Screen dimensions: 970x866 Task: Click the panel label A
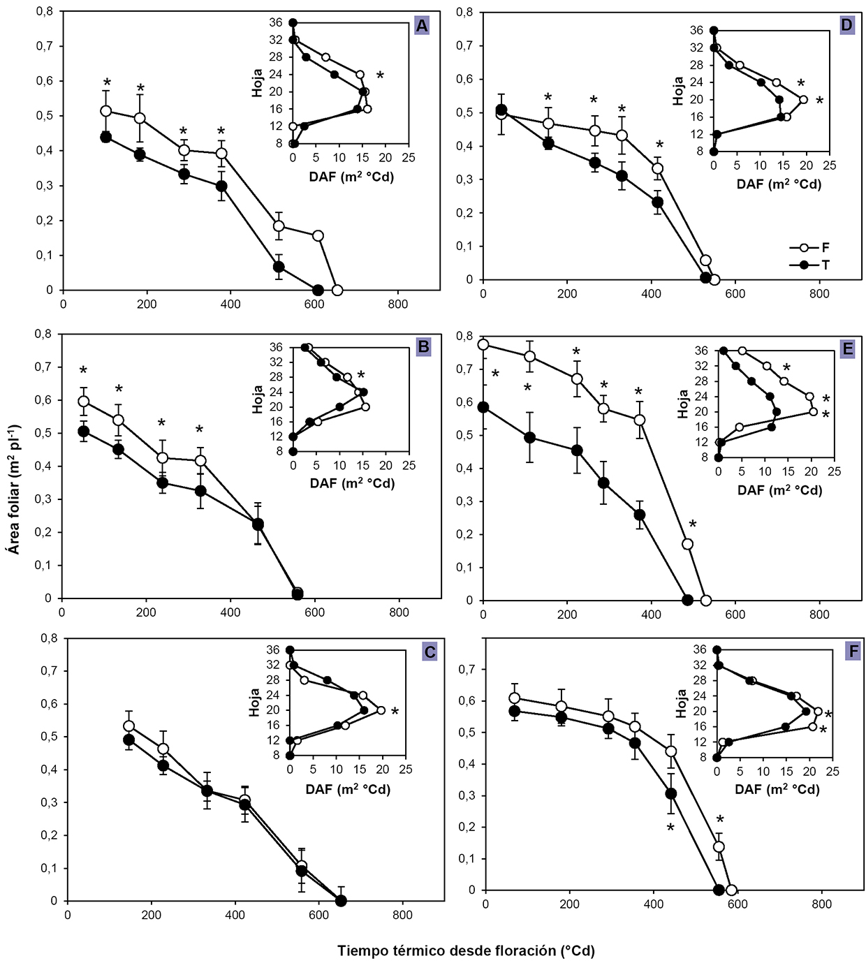click(421, 27)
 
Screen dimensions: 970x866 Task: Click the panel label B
click(423, 347)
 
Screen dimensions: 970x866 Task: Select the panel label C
click(430, 652)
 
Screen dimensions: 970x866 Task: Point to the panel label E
click(847, 348)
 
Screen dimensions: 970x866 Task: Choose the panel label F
click(852, 652)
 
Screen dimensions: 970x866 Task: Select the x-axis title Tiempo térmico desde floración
click(466, 950)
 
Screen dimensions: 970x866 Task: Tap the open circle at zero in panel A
click(337, 290)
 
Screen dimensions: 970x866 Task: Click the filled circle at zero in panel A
click(318, 290)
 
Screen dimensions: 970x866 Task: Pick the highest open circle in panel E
click(483, 344)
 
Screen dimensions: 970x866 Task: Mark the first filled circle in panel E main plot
click(483, 407)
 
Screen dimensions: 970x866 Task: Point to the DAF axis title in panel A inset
click(351, 177)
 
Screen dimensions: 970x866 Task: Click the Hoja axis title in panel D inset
click(678, 91)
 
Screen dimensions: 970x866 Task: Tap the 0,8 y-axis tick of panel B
click(43, 334)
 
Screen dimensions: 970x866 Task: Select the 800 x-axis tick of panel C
click(402, 915)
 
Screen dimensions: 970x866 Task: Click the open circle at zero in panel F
click(731, 890)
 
